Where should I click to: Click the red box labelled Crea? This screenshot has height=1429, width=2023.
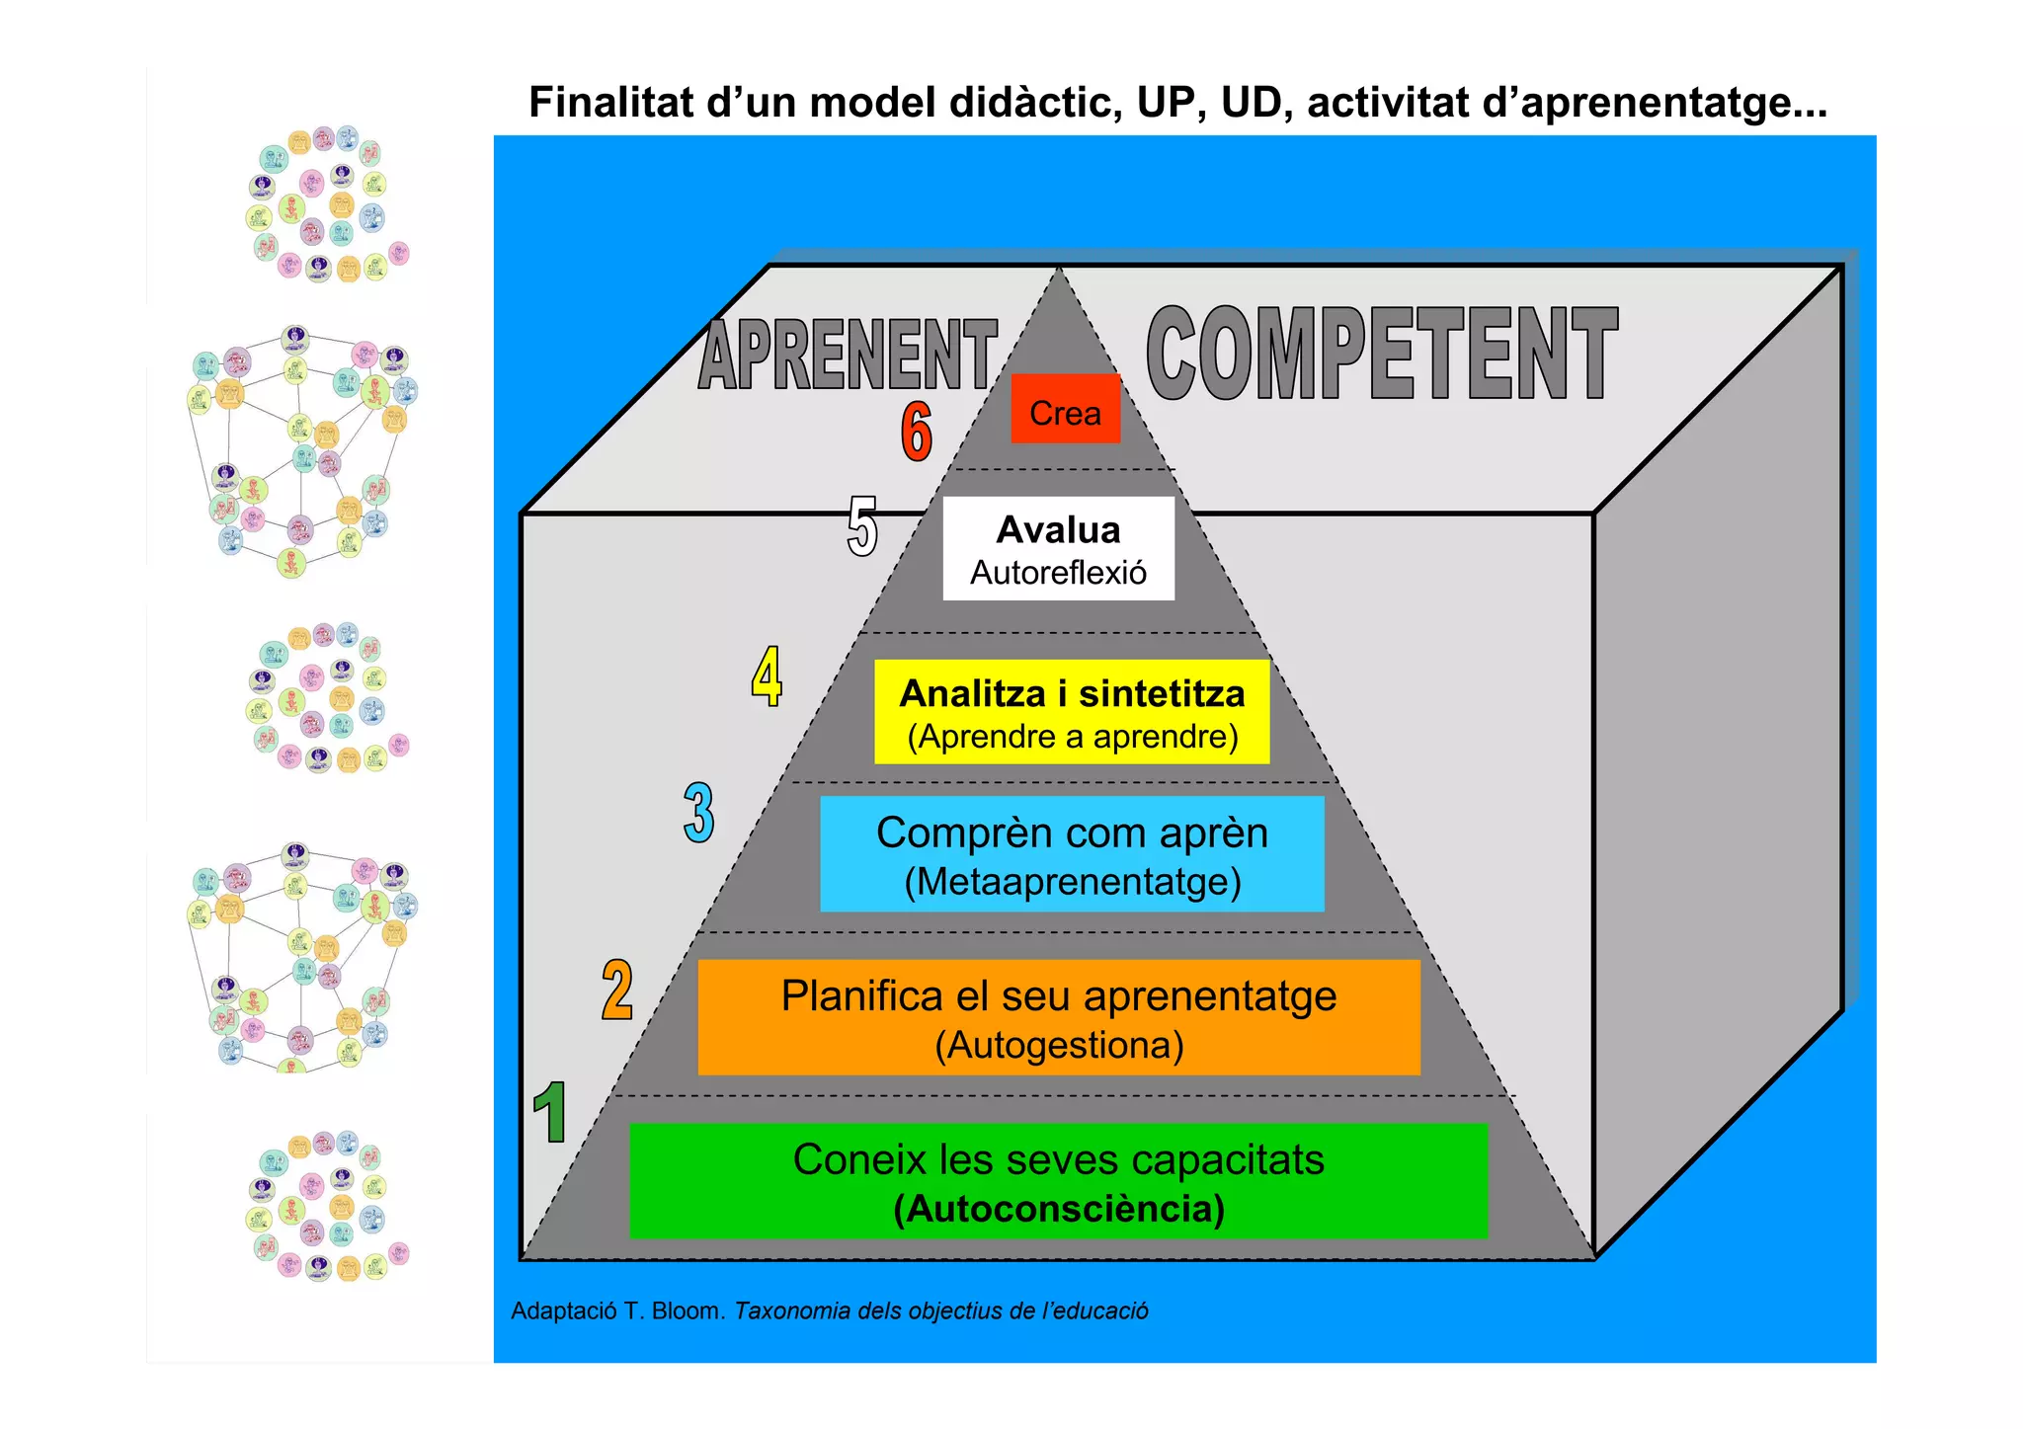[1065, 409]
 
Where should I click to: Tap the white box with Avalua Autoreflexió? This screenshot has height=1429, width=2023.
[1058, 548]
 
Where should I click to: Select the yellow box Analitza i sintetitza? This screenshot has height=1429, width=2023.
[1071, 711]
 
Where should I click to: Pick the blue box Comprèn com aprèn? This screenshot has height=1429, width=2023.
[1072, 854]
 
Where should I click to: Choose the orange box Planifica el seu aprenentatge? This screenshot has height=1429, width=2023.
[1058, 1017]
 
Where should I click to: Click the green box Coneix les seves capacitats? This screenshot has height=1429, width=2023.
[1058, 1180]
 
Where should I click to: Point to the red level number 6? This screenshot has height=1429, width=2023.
[916, 432]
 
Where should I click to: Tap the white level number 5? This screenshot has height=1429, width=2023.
[861, 526]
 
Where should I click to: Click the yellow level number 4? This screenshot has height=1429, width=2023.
[767, 676]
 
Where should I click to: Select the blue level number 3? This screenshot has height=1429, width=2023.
[698, 813]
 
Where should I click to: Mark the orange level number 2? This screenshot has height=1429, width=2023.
[616, 990]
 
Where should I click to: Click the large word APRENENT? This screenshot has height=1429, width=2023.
[848, 355]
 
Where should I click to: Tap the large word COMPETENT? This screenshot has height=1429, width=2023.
[1381, 353]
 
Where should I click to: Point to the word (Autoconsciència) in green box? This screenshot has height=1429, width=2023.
[1058, 1209]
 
